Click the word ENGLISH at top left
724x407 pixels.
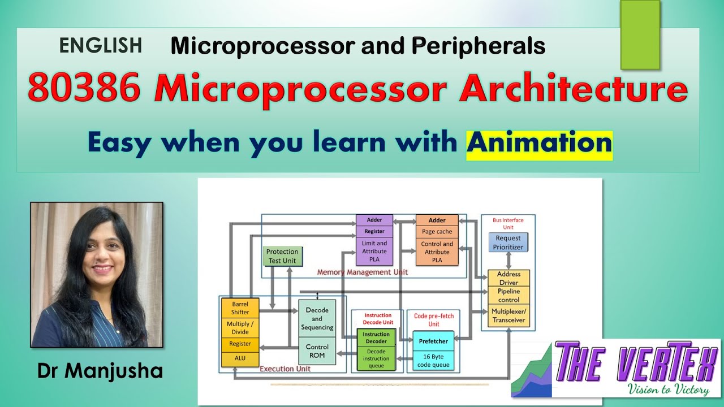point(100,46)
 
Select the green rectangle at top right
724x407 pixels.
point(640,35)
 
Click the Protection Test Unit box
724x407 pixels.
point(282,256)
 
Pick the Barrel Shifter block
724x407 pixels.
point(240,308)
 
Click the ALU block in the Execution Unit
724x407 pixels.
point(240,358)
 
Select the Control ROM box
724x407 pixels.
point(317,351)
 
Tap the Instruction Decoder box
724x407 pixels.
point(376,337)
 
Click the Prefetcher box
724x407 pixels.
point(433,341)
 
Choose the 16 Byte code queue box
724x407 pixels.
point(433,361)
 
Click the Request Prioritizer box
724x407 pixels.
point(508,243)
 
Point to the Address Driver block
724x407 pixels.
point(508,278)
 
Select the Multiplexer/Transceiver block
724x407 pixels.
point(508,316)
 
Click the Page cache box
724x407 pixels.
point(437,232)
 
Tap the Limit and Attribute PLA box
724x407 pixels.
point(374,252)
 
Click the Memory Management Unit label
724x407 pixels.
point(362,272)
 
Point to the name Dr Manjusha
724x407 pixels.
point(100,371)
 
